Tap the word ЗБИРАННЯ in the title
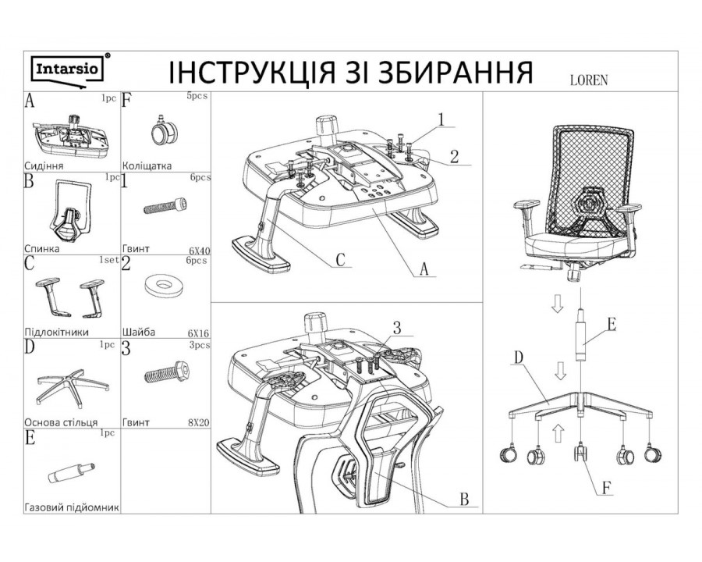pos(444,72)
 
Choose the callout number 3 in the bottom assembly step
pos(399,329)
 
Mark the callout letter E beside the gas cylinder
pos(611,324)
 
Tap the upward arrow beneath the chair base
pos(557,429)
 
